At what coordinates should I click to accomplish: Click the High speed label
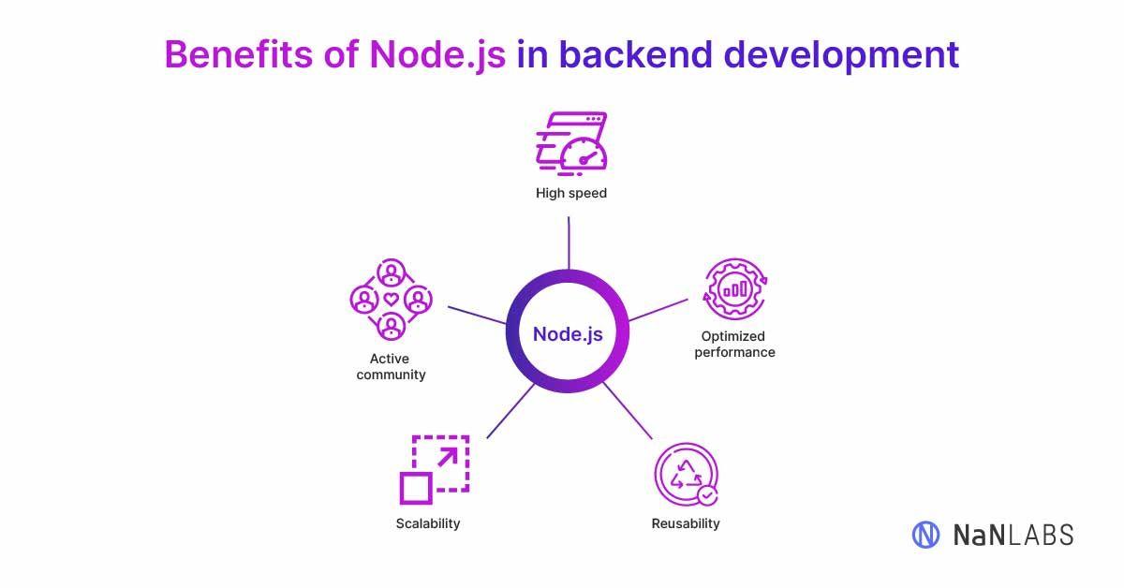pos(571,194)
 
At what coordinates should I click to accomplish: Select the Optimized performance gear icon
pos(734,289)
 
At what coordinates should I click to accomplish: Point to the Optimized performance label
pos(734,345)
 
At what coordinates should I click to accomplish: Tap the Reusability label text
pos(686,523)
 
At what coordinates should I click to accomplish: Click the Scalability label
pos(428,523)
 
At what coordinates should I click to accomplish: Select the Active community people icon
pos(391,300)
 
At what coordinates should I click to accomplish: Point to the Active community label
pos(391,367)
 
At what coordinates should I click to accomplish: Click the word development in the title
pos(841,54)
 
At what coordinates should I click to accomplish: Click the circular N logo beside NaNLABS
pos(925,535)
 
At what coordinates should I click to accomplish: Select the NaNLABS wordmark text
pos(1013,535)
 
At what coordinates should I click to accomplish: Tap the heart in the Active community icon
pos(391,300)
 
